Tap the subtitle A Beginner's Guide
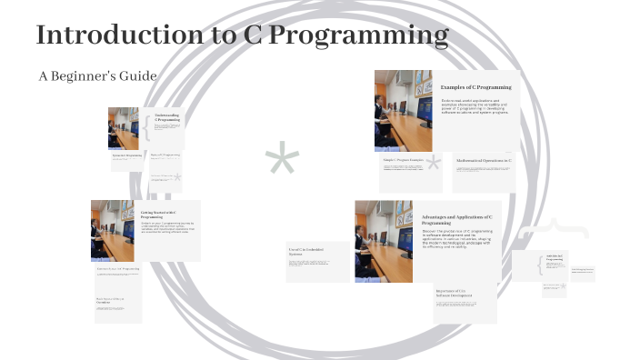pos(97,75)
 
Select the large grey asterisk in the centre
pos(282,164)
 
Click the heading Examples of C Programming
pos(475,87)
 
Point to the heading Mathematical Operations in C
pos(484,160)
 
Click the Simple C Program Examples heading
pos(403,160)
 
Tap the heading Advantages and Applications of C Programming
pos(456,220)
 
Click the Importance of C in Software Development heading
pos(463,293)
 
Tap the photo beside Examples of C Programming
pos(403,111)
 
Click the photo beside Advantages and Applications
pos(385,241)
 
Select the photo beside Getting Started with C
pos(112,230)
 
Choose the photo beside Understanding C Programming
pos(123,128)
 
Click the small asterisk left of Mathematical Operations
pos(435,164)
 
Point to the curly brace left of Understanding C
pos(145,127)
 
